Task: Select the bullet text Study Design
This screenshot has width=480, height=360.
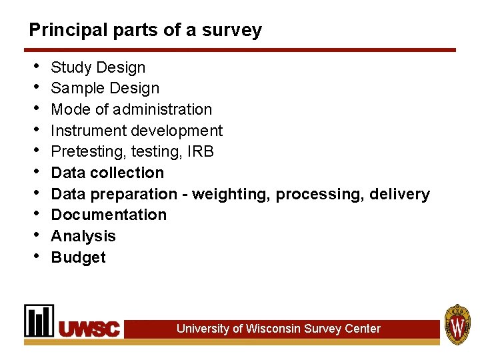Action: pyautogui.click(x=98, y=67)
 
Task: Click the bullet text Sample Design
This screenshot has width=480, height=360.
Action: pyautogui.click(x=105, y=88)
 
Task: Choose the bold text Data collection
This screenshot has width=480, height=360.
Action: pyautogui.click(x=107, y=173)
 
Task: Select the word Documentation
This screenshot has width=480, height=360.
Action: pyautogui.click(x=109, y=215)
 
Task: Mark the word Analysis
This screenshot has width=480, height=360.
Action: pyautogui.click(x=83, y=236)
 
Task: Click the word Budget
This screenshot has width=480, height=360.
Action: pyautogui.click(x=78, y=257)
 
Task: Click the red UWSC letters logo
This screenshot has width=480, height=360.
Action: pyautogui.click(x=90, y=329)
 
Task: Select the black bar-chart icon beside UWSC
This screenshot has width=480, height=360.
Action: pyautogui.click(x=39, y=321)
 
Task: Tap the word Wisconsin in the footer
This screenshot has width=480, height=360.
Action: pyautogui.click(x=273, y=329)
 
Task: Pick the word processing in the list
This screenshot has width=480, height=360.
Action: pyautogui.click(x=316, y=194)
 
